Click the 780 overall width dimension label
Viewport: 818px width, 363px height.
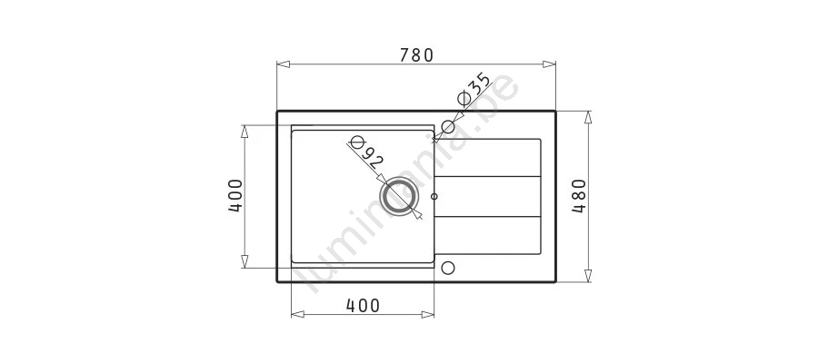pos(416,54)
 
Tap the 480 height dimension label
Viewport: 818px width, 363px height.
pos(579,196)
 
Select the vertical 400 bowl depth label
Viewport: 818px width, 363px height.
pos(235,196)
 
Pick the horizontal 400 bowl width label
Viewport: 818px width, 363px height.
pos(363,305)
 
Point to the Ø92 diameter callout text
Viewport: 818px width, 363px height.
pos(364,152)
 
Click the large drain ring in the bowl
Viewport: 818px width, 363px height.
pos(399,198)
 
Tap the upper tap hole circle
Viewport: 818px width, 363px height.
pos(448,126)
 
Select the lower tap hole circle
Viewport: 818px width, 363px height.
pos(447,268)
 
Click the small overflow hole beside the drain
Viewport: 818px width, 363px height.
pos(434,196)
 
